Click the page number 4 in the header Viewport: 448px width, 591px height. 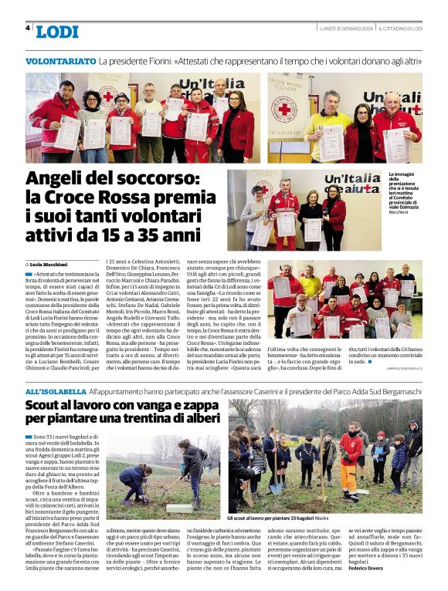28,29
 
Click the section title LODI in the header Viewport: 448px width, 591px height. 57,32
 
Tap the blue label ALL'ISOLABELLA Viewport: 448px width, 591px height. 56,392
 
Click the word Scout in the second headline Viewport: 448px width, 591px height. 46,406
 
